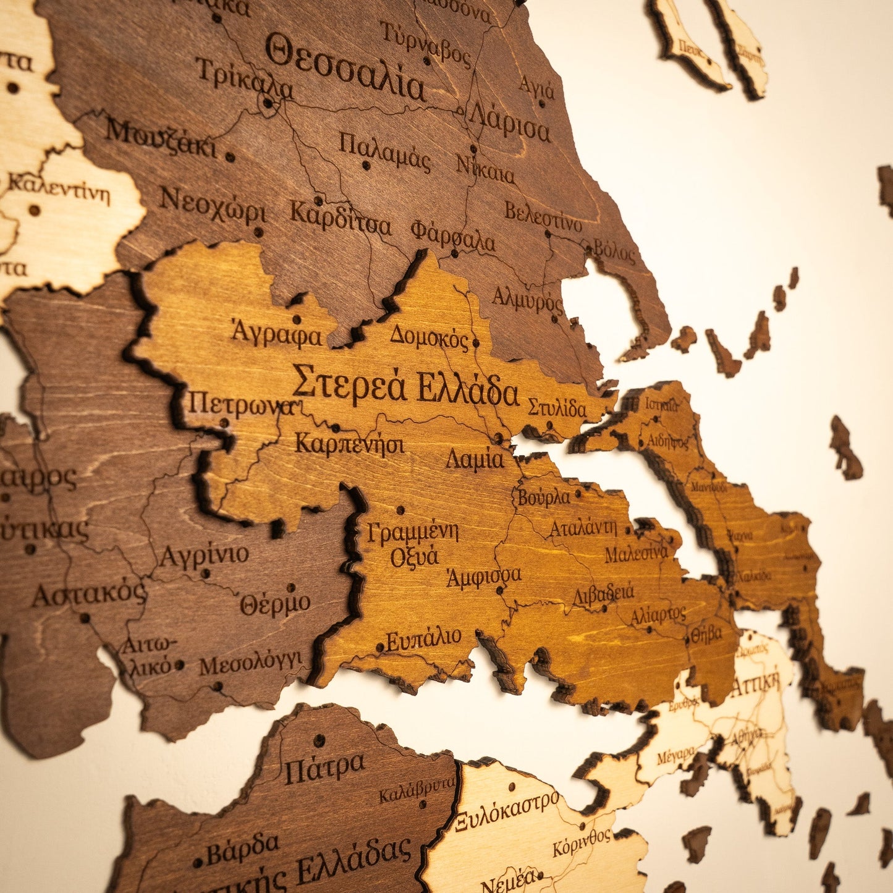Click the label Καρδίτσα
pyautogui.click(x=340, y=219)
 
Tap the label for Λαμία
pyautogui.click(x=475, y=459)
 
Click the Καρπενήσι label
pyautogui.click(x=349, y=444)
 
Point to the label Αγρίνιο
pyautogui.click(x=204, y=556)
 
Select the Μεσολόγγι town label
pyautogui.click(x=250, y=665)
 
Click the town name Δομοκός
pyautogui.click(x=430, y=336)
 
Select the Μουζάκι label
pyautogui.click(x=161, y=138)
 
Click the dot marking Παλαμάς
pyautogui.click(x=365, y=166)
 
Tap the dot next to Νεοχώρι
pyautogui.click(x=258, y=232)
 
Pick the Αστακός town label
pyautogui.click(x=89, y=595)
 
